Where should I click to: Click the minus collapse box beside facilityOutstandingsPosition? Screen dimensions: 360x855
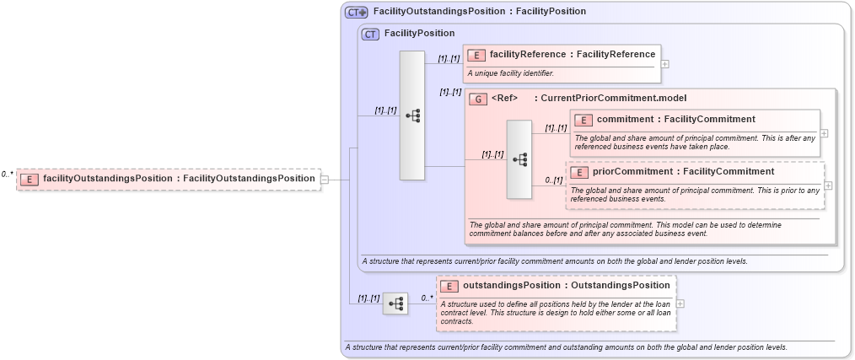click(x=325, y=179)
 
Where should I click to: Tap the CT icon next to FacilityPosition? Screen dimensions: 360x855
click(x=370, y=34)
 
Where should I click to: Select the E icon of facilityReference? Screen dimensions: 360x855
click(x=476, y=55)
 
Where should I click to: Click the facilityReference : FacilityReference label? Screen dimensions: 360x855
click(x=572, y=55)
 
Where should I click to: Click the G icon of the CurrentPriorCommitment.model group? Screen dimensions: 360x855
click(x=478, y=99)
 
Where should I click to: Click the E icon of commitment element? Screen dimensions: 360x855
click(x=583, y=120)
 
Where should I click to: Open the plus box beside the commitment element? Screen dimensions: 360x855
click(x=824, y=133)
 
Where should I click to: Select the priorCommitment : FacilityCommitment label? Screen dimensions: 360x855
click(x=683, y=172)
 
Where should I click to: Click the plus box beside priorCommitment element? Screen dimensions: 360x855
click(x=828, y=185)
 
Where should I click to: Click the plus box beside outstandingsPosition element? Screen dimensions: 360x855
click(x=680, y=304)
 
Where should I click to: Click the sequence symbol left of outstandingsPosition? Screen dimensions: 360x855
click(x=395, y=304)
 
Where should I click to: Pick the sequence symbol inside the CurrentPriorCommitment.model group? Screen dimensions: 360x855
click(x=519, y=159)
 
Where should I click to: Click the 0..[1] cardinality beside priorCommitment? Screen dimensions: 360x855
click(x=553, y=180)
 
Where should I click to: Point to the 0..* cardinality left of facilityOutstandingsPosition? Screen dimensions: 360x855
click(x=8, y=174)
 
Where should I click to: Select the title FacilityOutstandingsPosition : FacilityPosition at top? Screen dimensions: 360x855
click(x=479, y=12)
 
